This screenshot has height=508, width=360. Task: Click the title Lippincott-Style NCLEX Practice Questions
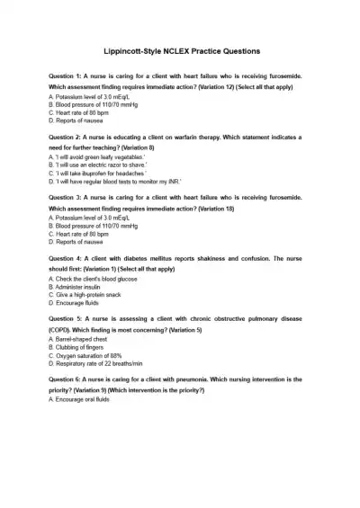[180, 51]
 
